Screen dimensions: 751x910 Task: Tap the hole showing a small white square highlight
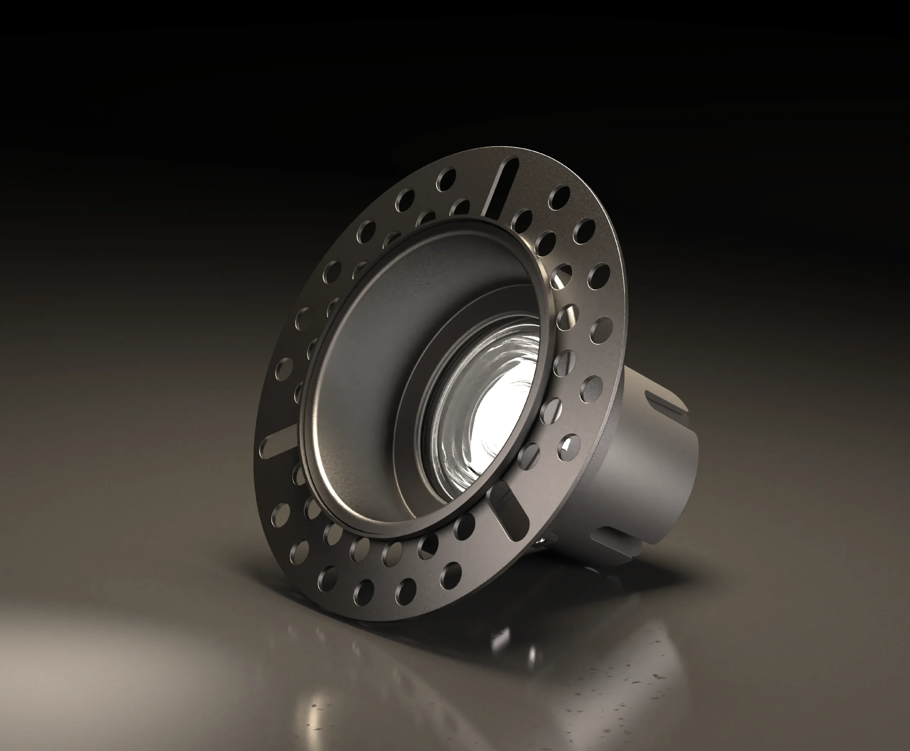pos(568,445)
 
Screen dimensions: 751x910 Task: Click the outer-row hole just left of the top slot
pos(446,179)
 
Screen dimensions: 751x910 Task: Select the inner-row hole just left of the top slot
pos(461,208)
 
